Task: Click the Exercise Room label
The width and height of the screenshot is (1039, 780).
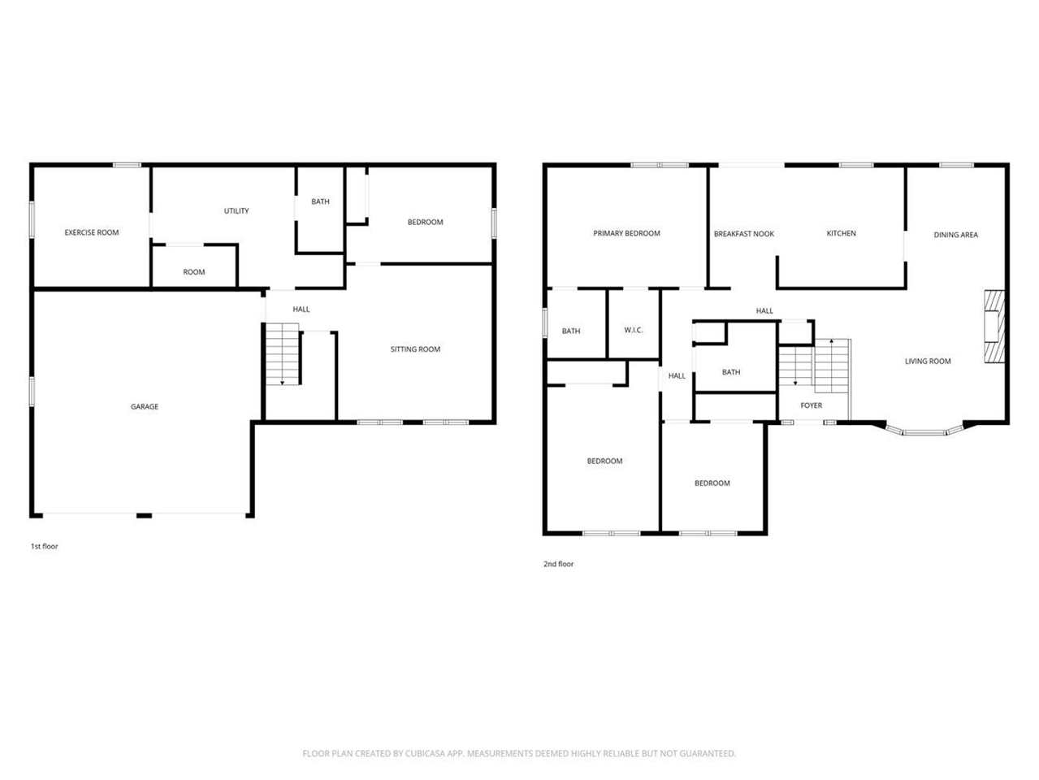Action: (x=92, y=232)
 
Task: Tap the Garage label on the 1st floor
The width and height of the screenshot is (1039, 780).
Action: (x=145, y=406)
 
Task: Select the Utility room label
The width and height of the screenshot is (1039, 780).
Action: (x=236, y=211)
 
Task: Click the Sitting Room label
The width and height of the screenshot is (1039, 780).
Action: (x=415, y=349)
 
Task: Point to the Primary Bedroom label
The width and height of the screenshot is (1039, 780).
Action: (x=626, y=233)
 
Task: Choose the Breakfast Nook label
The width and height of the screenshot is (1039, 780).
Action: (x=743, y=234)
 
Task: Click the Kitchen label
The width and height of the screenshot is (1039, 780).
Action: (x=841, y=233)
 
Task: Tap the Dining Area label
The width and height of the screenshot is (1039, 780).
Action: (x=955, y=235)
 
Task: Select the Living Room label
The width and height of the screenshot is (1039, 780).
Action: (x=928, y=362)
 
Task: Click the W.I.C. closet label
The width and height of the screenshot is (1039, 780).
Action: (x=633, y=330)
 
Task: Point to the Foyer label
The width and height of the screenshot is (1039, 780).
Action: (x=811, y=405)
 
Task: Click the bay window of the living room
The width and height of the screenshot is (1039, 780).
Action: (x=924, y=432)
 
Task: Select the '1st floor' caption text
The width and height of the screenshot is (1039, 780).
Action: (x=45, y=547)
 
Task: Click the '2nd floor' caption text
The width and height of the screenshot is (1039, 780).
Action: (x=558, y=564)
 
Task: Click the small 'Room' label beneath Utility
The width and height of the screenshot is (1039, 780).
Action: (x=194, y=272)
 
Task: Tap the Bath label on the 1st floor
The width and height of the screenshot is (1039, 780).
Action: (x=320, y=201)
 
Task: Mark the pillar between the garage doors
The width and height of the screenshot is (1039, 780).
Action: (x=144, y=515)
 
